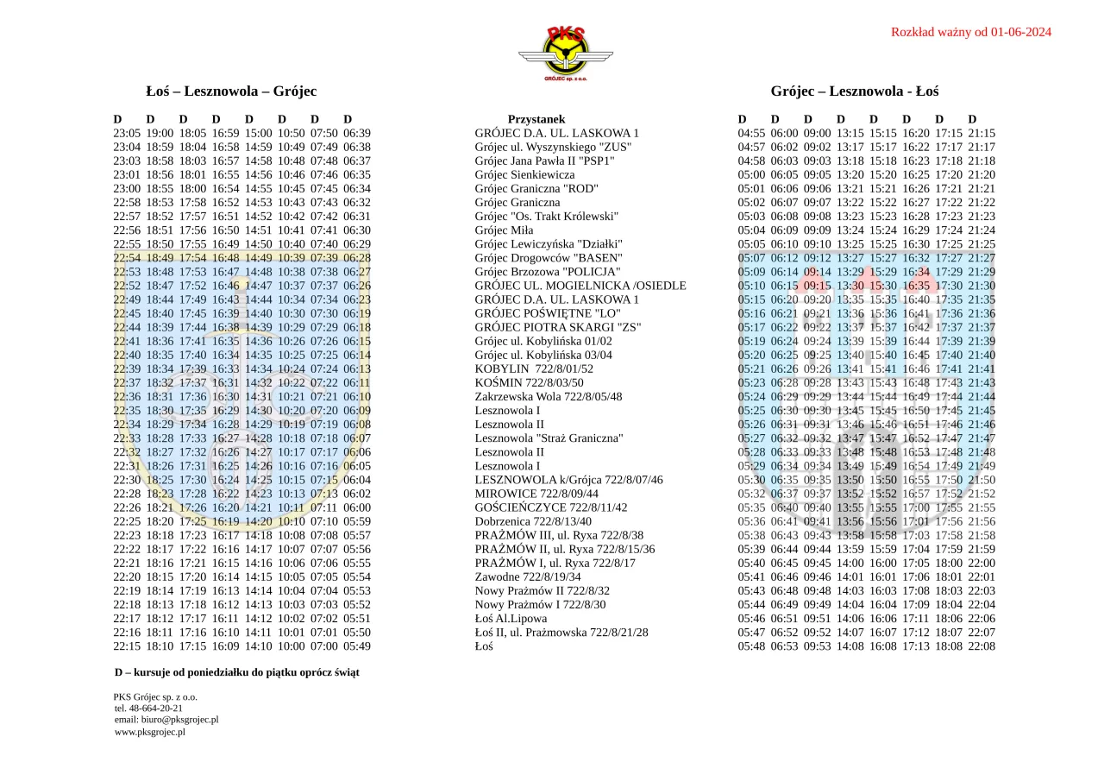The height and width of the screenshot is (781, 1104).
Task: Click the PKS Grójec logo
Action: click(565, 54)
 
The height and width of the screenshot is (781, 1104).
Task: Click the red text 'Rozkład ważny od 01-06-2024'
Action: click(970, 33)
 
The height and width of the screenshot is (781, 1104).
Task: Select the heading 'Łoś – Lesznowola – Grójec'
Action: click(231, 91)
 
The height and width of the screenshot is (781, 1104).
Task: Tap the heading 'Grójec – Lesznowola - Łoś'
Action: click(855, 91)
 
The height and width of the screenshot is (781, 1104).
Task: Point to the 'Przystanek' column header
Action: click(536, 120)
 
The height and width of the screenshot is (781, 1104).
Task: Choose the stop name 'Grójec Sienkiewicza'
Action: click(524, 175)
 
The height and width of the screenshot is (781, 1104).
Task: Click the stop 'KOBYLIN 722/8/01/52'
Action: click(534, 368)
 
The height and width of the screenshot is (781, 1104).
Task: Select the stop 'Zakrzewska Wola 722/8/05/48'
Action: click(548, 397)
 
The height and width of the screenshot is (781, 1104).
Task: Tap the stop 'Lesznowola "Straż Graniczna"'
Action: click(549, 438)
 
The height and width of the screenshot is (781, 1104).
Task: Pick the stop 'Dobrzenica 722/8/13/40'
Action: click(533, 521)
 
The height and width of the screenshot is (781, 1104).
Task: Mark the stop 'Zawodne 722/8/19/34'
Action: click(528, 576)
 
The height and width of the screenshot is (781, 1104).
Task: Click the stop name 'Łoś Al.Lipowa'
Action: click(511, 618)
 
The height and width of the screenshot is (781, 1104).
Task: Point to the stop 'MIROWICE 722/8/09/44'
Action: click(536, 494)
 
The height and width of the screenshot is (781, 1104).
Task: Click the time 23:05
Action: click(127, 134)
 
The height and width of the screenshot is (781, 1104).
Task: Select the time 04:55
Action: click(751, 134)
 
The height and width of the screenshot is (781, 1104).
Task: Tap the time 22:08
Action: click(982, 646)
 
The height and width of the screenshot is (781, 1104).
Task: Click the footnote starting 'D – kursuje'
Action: click(237, 672)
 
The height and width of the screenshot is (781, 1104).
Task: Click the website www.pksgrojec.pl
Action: click(150, 732)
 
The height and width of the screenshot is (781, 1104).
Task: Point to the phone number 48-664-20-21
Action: click(154, 709)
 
